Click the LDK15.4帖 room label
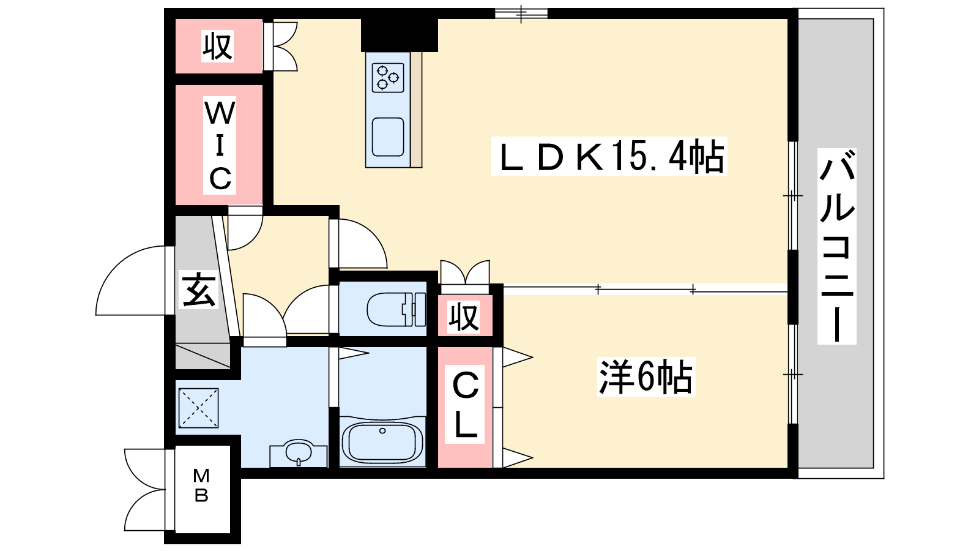609,156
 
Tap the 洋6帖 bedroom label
646,377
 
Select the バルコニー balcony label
836,246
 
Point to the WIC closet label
220,145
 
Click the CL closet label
465,404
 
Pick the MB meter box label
201,485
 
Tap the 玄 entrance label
198,290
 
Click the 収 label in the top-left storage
217,45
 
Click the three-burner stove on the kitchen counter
388,78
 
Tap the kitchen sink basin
388,137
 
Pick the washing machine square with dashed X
198,408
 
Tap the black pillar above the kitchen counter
400,35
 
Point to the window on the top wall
521,13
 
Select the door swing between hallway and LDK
362,243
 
